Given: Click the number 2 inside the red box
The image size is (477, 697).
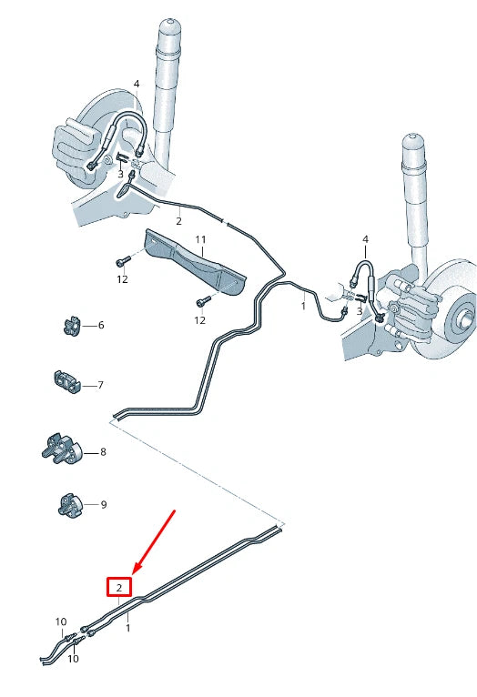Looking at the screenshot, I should coord(119,588).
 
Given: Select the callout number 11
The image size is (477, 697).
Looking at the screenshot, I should coord(201,239).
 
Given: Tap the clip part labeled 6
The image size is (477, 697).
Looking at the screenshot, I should coord(70,325).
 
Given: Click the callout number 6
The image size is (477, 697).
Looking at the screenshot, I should coord(100,325).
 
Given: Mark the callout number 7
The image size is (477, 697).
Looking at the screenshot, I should coord(100,386).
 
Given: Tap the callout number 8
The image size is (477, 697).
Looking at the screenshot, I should coord(103,451).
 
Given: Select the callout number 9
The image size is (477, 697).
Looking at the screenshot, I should coord(103,504).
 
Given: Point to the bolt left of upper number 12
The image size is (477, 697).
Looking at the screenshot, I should coord(123,261).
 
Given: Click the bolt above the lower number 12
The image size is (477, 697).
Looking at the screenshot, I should coord(199,301).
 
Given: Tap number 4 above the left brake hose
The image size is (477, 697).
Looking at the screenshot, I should coord(137,84).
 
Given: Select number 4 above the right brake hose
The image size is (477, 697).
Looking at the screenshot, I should coord(365,239).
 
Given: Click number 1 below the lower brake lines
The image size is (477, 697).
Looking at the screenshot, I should coord(127,628).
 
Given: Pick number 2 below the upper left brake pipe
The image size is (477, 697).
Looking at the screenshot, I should coord(178,221).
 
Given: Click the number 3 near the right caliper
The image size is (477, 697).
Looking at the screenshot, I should coord(360,312).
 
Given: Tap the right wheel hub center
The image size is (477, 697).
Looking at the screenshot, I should coord(467,319).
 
